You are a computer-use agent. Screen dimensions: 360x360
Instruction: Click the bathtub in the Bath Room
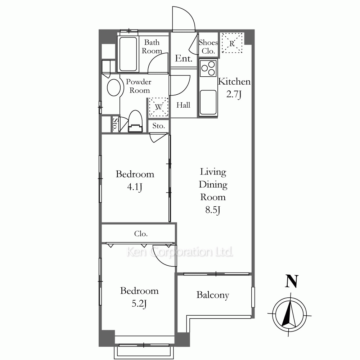click(128, 54)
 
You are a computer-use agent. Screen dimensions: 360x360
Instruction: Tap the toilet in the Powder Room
click(135, 121)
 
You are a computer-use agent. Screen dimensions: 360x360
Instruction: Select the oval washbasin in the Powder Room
click(114, 87)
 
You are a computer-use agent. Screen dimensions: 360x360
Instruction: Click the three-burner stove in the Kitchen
click(208, 68)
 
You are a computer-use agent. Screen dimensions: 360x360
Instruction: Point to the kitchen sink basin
click(208, 102)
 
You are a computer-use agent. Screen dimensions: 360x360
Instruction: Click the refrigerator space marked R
click(232, 43)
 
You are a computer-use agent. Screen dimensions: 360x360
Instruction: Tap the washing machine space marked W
click(159, 107)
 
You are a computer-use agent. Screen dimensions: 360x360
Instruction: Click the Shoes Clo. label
click(208, 46)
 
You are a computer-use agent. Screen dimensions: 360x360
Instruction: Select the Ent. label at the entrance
click(184, 58)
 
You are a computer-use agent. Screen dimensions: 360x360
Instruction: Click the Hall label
click(183, 105)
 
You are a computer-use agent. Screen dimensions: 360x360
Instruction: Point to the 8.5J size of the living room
click(213, 210)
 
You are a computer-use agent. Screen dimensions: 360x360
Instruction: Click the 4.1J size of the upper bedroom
click(135, 187)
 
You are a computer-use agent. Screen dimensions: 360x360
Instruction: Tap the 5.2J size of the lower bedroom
click(139, 304)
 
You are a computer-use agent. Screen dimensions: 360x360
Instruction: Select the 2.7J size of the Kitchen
click(234, 94)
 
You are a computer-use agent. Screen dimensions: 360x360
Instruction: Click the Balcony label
click(213, 295)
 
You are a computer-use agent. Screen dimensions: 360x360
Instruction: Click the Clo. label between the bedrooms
click(141, 234)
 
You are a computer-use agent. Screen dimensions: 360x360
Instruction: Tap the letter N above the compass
click(292, 281)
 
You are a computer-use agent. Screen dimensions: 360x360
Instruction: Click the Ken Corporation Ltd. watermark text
click(180, 252)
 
